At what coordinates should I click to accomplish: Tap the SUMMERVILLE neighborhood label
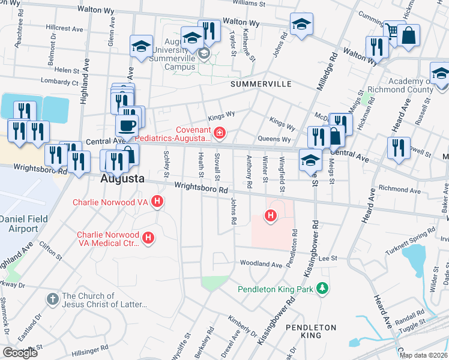click(261, 85)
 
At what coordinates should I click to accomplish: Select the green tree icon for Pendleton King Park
click(323, 289)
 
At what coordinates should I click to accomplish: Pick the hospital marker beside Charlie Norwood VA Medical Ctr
click(148, 239)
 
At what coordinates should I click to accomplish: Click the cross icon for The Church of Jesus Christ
click(53, 298)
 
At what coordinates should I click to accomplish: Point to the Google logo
click(20, 353)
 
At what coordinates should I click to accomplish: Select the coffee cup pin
click(126, 126)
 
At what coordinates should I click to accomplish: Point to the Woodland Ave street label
click(261, 264)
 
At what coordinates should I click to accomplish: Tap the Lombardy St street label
click(59, 81)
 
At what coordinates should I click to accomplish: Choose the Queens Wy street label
click(274, 139)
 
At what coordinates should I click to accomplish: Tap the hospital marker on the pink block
click(271, 215)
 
